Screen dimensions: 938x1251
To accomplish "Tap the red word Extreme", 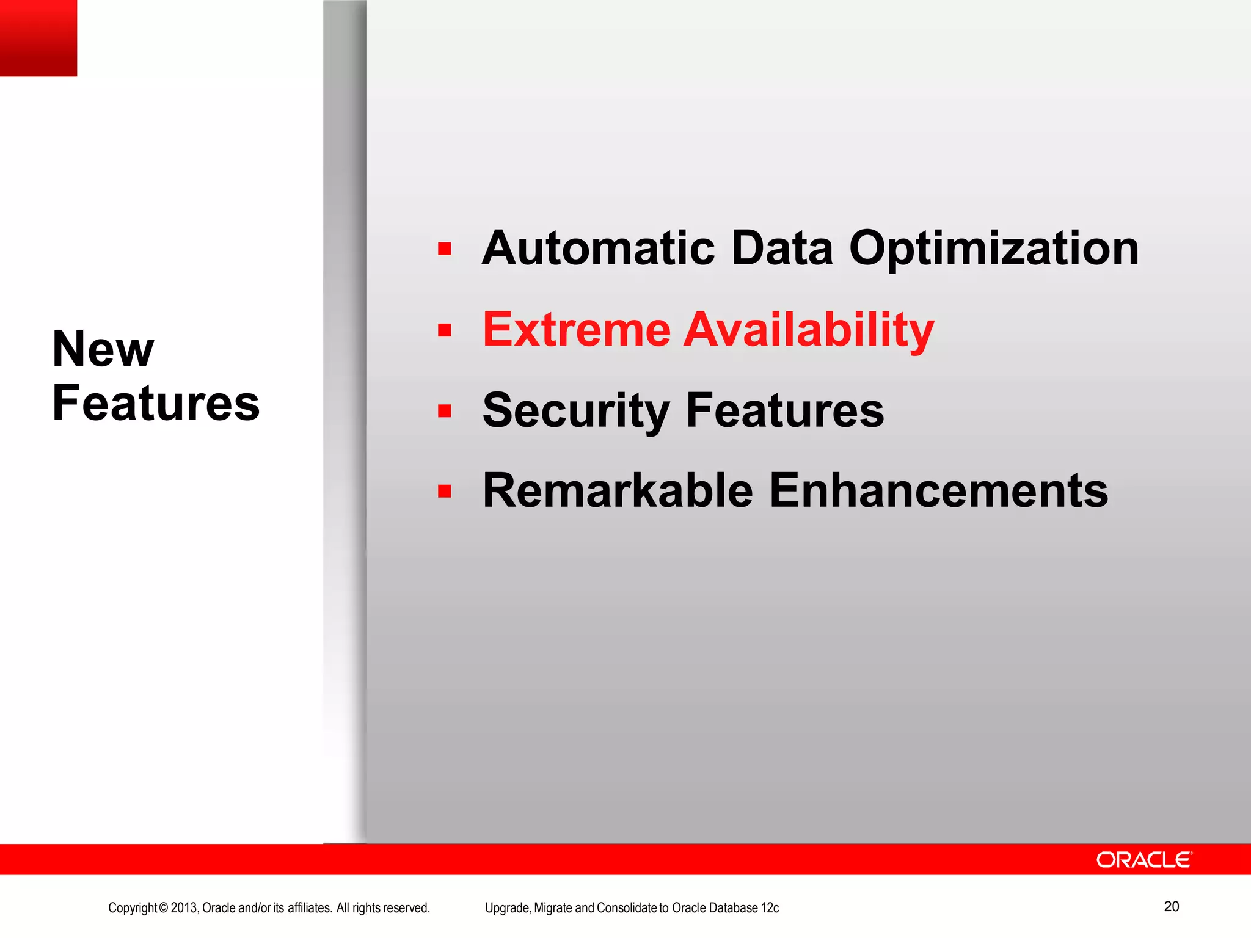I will coord(577,330).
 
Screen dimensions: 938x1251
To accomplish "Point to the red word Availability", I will coord(809,330).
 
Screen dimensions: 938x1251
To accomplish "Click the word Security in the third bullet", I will coord(576,410).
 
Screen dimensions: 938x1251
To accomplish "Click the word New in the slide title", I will coord(103,349).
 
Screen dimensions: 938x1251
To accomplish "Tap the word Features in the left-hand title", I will coord(156,403).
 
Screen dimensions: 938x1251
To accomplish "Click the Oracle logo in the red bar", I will coord(1143,860).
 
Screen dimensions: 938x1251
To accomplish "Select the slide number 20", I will coord(1171,906).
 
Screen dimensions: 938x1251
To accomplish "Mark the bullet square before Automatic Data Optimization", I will coord(445,249).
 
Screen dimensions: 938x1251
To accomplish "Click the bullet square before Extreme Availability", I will coord(445,330).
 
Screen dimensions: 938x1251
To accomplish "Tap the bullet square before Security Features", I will coord(445,411).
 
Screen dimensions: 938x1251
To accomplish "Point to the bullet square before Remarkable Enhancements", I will coord(445,491).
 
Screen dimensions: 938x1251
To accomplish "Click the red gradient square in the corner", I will coord(38,38).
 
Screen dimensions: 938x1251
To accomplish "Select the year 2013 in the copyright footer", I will coord(184,908).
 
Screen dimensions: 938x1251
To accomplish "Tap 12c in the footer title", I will coord(770,908).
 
